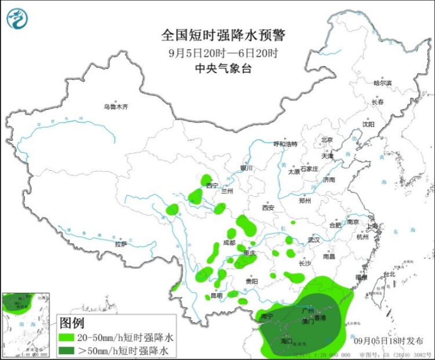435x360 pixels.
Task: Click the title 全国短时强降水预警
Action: click(x=223, y=35)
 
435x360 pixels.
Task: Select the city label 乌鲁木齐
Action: click(x=115, y=107)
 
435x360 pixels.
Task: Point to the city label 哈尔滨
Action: click(x=382, y=83)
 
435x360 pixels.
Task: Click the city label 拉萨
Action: click(x=120, y=244)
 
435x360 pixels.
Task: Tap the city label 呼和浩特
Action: click(x=285, y=143)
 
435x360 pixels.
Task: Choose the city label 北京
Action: click(x=327, y=139)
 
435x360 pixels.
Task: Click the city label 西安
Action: click(x=267, y=207)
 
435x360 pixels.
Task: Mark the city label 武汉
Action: click(x=314, y=239)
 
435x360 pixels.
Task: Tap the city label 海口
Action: click(x=286, y=341)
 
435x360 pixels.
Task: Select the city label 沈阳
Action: click(x=368, y=124)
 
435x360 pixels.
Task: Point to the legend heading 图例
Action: click(x=72, y=323)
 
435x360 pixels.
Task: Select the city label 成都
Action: click(x=229, y=243)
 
